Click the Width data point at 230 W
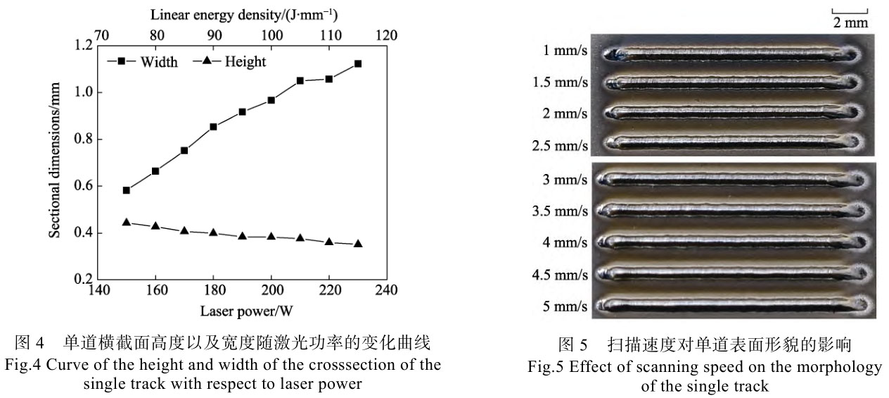(x=357, y=63)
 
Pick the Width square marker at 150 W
(x=127, y=190)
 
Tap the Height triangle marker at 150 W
(x=127, y=222)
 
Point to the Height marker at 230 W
(x=357, y=244)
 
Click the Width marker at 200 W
(x=271, y=100)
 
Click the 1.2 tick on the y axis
(x=83, y=45)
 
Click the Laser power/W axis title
(x=242, y=311)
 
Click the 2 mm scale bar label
(x=851, y=23)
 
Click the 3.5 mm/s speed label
(x=560, y=210)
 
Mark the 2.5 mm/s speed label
(x=560, y=145)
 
